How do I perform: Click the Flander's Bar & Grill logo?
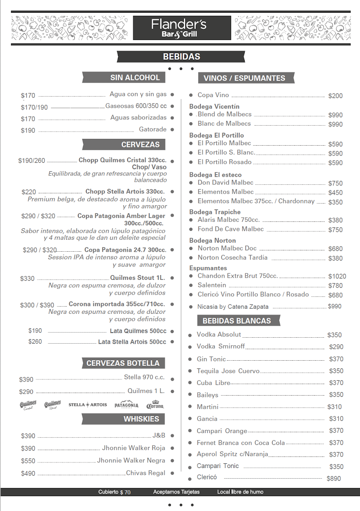coord(182,28)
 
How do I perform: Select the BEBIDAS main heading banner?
coord(181,57)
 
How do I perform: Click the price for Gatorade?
coord(28,130)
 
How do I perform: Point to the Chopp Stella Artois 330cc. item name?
coord(125,192)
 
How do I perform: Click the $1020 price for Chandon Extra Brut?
coord(337,276)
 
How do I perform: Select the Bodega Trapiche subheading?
coord(215,212)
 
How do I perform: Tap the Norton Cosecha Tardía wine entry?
coord(232,258)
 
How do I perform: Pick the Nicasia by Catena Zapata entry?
coord(233,307)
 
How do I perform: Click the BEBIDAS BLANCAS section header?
coord(237,321)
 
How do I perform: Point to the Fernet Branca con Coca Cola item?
coord(240,443)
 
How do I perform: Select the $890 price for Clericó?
coord(334,478)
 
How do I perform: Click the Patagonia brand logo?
coord(126,405)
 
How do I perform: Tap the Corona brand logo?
coord(155,405)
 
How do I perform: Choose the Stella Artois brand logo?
coord(88,405)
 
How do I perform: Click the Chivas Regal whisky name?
coord(146,473)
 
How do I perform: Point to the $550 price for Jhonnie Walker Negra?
coord(28,461)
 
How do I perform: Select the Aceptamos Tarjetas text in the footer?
coord(176,492)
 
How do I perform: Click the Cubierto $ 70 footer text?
coord(114,492)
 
